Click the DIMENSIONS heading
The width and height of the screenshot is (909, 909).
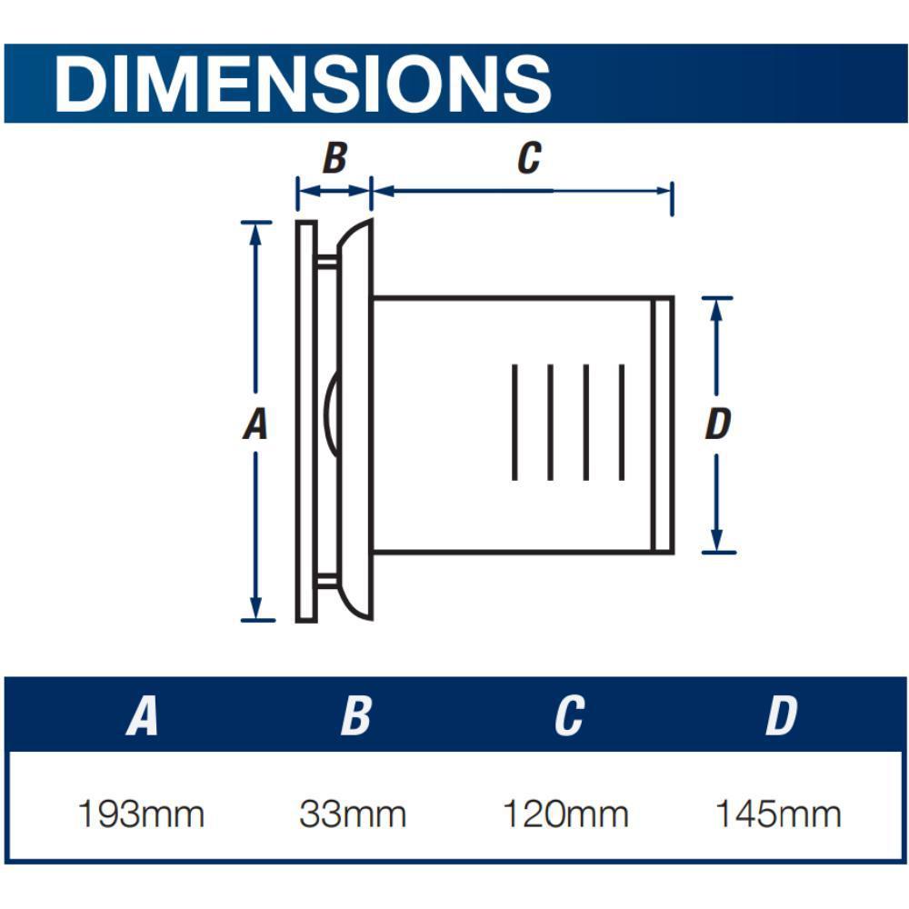(x=303, y=84)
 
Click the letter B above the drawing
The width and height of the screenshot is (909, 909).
(x=335, y=158)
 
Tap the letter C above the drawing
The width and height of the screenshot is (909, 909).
(x=528, y=158)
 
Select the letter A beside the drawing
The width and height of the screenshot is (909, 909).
(x=255, y=424)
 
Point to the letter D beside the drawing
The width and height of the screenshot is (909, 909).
(x=718, y=424)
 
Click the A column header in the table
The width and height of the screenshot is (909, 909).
(x=142, y=716)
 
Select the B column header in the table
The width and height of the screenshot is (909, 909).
(x=355, y=716)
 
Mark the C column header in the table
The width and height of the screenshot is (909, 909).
(x=568, y=716)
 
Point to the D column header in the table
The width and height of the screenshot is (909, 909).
(x=781, y=716)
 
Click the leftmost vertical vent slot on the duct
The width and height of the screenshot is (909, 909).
(x=514, y=422)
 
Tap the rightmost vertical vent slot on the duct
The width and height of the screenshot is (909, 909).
(x=622, y=422)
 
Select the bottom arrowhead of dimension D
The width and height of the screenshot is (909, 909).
(x=717, y=542)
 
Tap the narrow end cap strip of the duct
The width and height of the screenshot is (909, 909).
(x=664, y=424)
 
